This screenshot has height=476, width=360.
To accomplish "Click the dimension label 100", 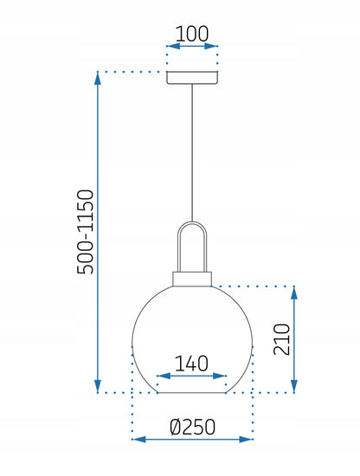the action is (192, 34).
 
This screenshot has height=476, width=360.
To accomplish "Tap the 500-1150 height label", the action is (86, 232).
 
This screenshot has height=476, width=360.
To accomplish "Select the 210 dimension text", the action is (282, 339).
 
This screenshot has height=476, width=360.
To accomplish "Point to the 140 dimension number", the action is (191, 363).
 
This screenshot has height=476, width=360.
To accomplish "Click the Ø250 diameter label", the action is (193, 427).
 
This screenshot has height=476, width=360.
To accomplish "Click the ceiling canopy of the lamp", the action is (192, 78).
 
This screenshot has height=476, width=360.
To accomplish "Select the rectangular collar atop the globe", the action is (192, 279).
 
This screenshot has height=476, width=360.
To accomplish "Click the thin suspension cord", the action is (192, 152).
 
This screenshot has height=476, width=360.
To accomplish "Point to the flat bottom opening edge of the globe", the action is (191, 393).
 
